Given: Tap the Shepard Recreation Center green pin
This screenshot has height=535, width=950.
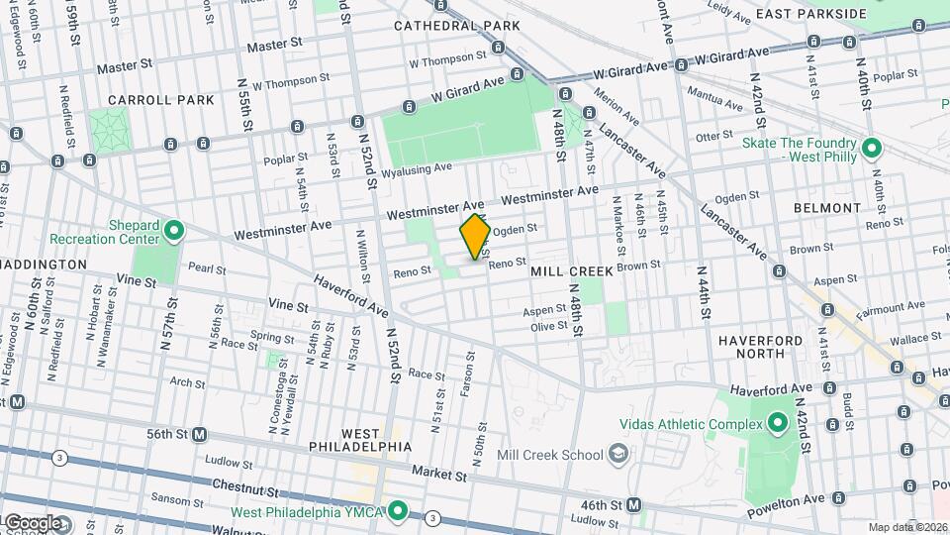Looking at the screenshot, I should [174, 232].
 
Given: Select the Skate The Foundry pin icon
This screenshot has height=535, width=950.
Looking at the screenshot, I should [871, 149].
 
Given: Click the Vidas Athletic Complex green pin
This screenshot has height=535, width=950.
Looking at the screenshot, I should [777, 424].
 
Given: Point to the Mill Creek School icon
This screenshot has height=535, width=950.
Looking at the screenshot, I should [618, 455].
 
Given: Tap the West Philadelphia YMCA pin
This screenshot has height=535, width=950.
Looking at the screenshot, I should [398, 511].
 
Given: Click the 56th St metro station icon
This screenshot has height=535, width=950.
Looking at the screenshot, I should [200, 434].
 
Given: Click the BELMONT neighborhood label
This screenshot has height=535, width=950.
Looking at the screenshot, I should [826, 208].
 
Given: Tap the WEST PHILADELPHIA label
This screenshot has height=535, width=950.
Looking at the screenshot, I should [375, 440].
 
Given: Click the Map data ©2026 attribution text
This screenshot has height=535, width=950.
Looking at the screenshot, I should [907, 527].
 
